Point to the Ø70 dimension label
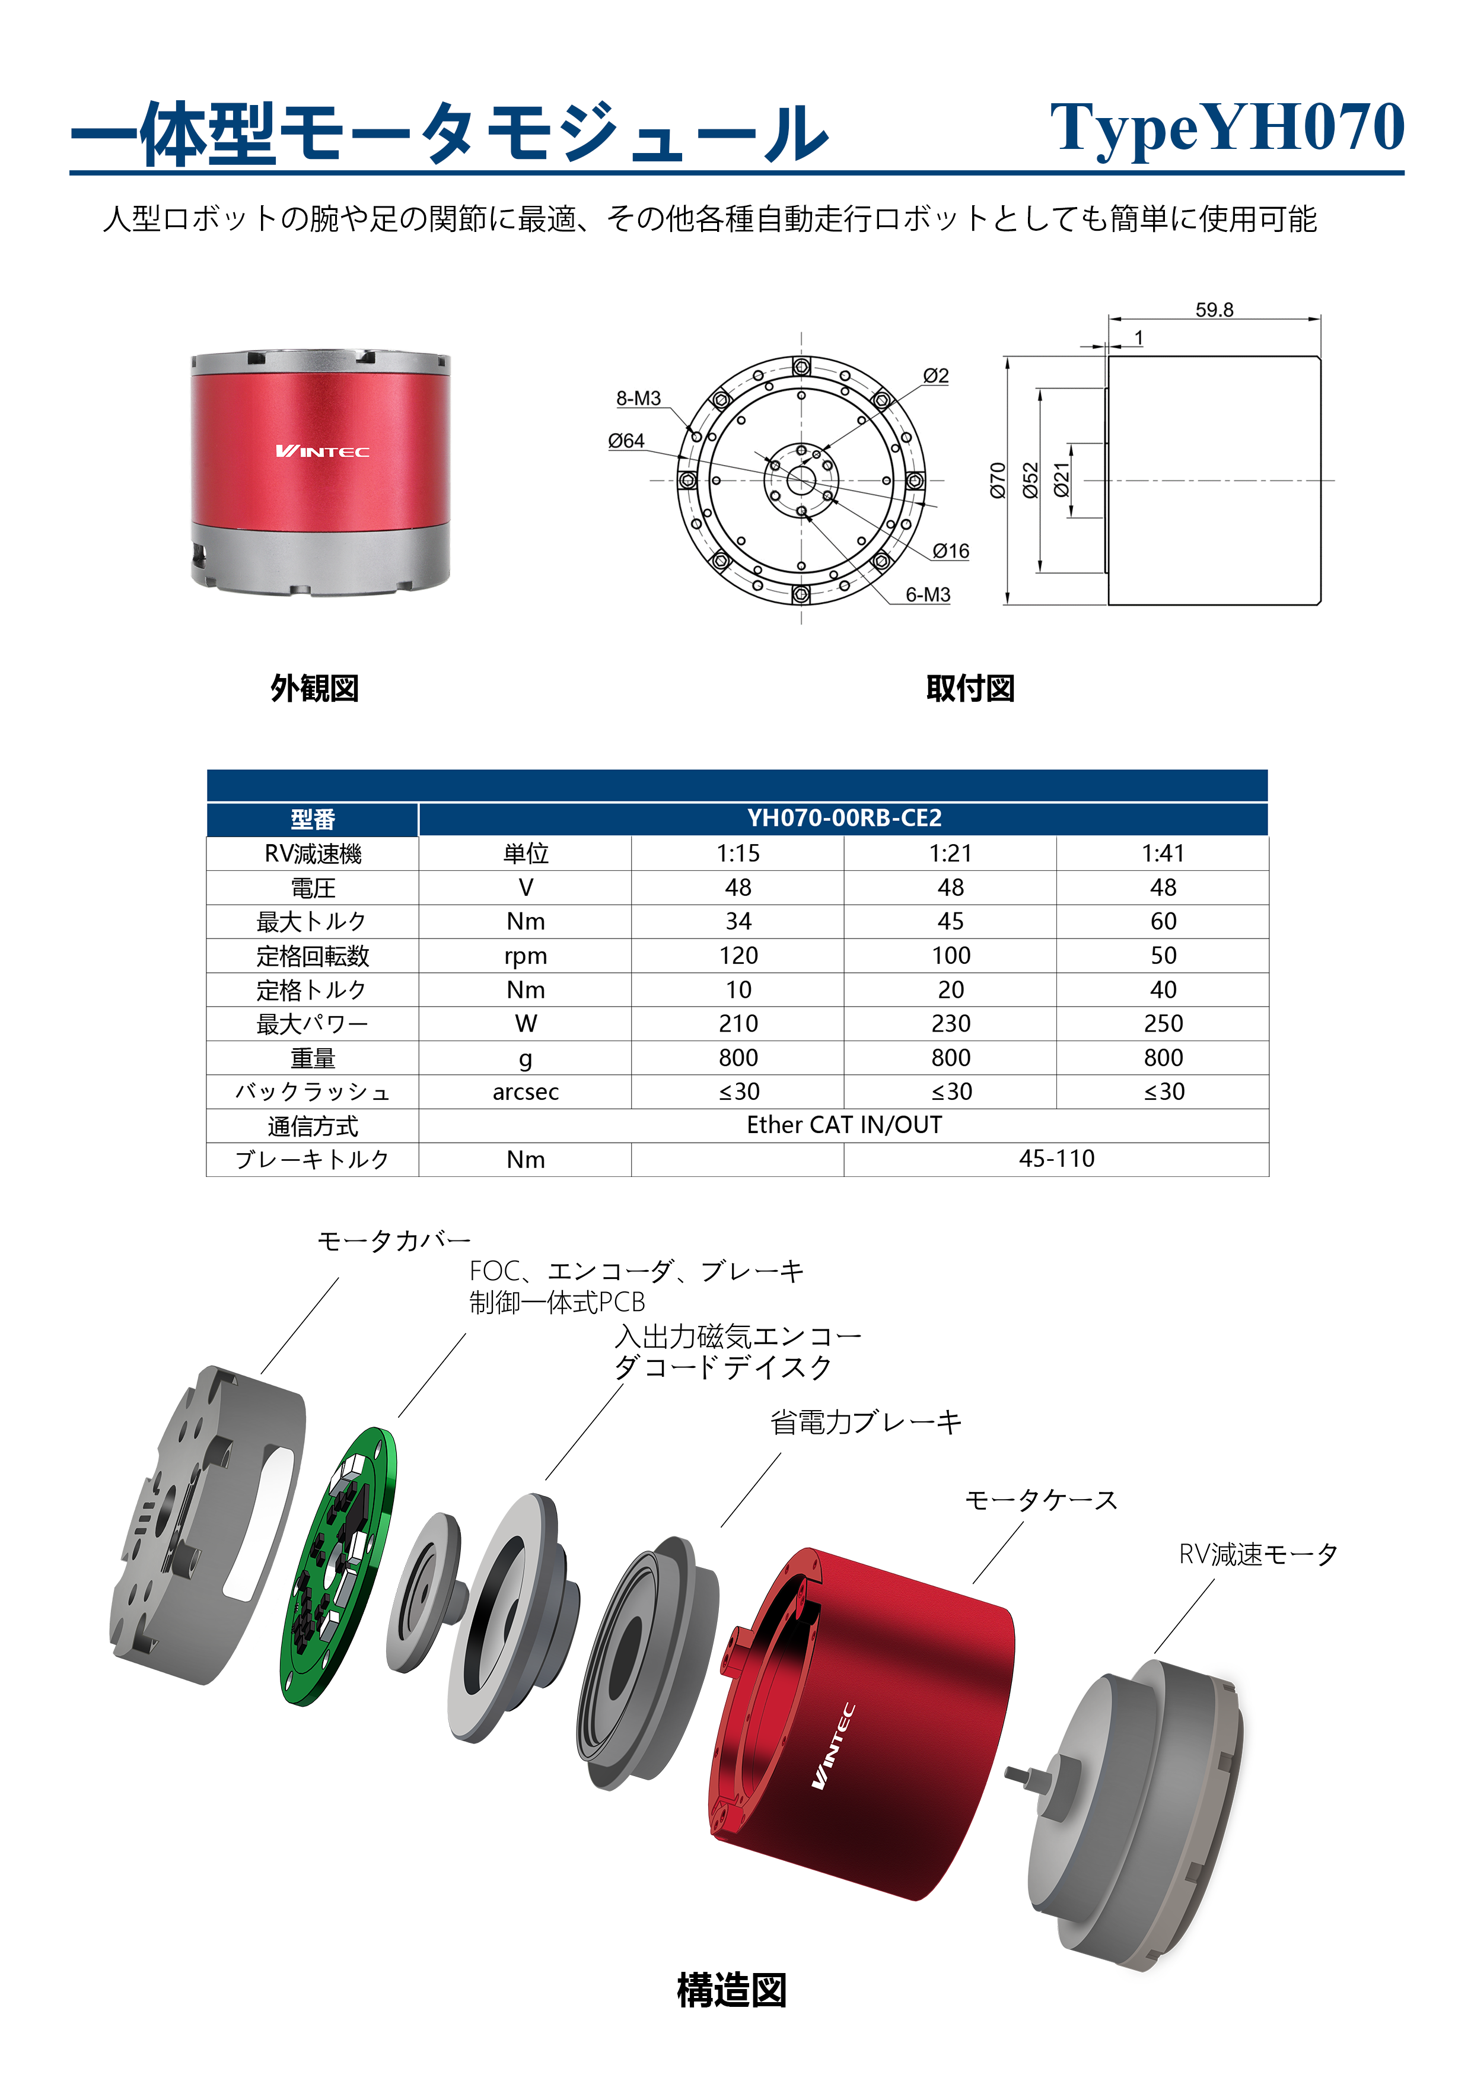tap(998, 481)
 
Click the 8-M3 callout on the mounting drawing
tap(638, 398)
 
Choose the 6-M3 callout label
tap(928, 594)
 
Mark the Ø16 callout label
tap(951, 551)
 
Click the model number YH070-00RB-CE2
tap(844, 819)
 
